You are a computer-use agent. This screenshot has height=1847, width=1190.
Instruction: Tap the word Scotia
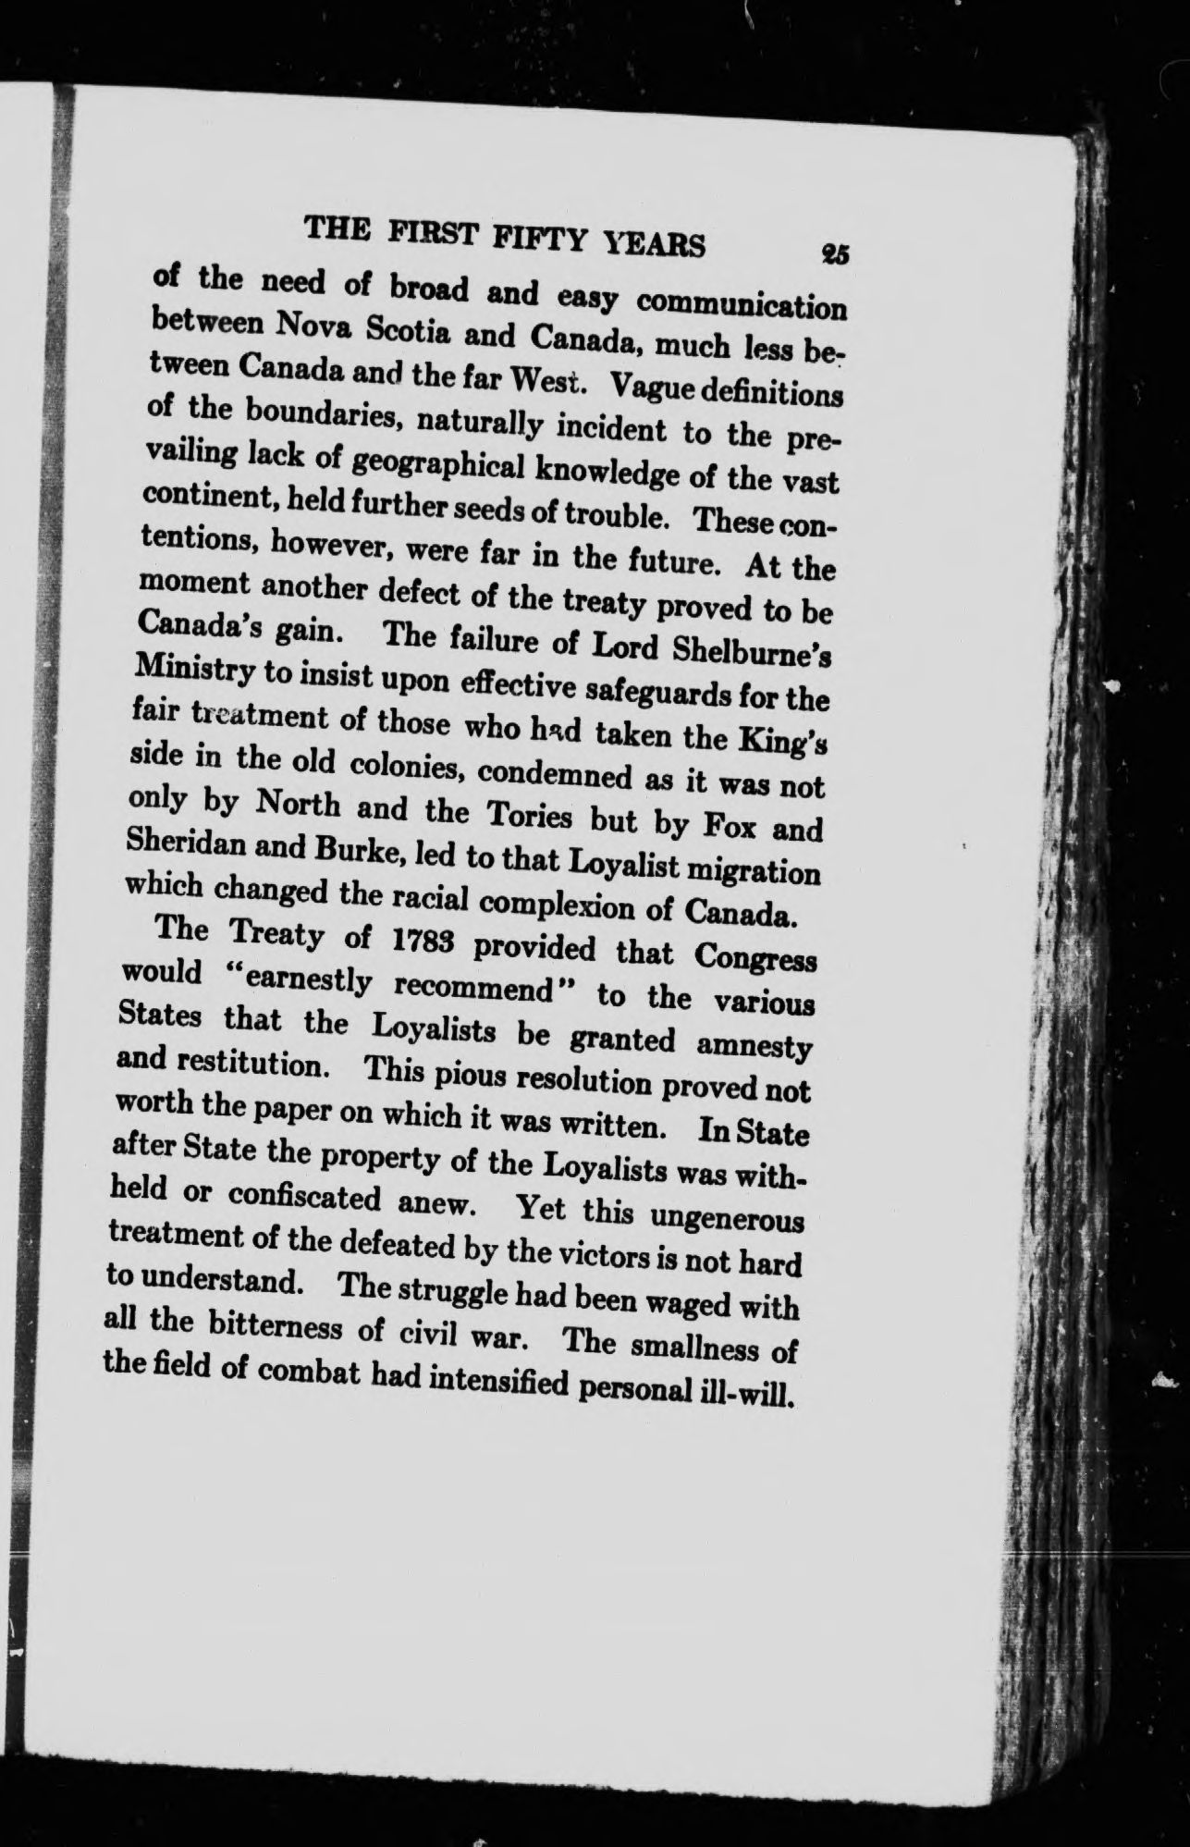click(x=398, y=330)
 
